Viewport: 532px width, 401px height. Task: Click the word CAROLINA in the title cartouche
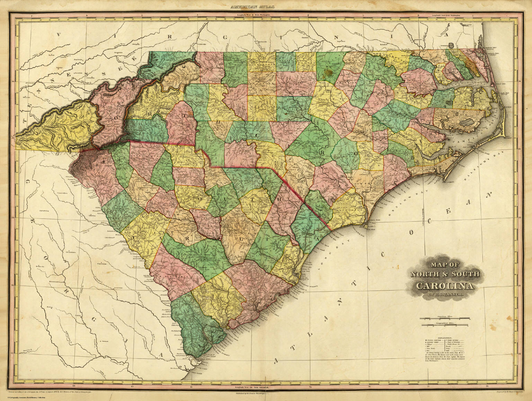click(x=445, y=286)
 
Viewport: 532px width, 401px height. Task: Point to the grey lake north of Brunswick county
click(x=333, y=200)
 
